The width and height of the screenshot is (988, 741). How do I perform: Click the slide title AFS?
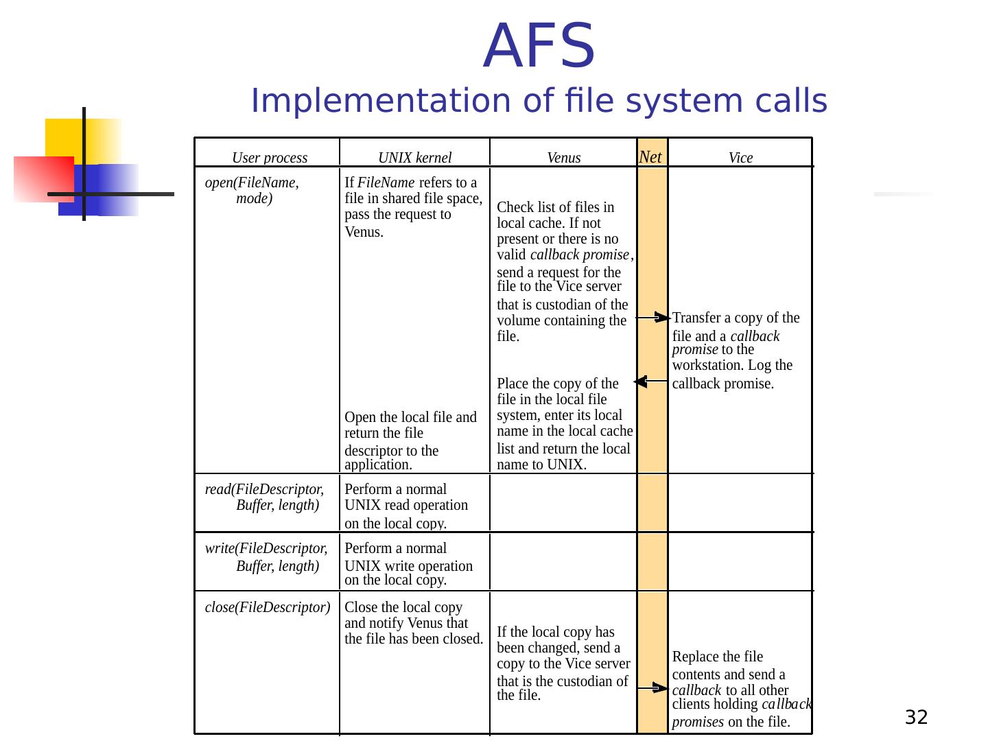[539, 47]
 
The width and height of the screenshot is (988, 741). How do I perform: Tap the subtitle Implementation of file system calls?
[539, 102]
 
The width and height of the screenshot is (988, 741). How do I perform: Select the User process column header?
[270, 158]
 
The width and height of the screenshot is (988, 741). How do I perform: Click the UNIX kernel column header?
[414, 158]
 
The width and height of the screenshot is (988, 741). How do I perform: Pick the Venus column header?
[563, 158]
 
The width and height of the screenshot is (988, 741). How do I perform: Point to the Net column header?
[650, 157]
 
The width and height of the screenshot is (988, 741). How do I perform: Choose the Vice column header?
[740, 158]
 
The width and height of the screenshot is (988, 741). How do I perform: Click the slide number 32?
[916, 718]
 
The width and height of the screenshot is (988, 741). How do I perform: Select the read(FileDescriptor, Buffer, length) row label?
[265, 497]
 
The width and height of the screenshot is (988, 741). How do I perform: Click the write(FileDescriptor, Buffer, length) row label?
[266, 557]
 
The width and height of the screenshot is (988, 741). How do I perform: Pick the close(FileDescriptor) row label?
[268, 607]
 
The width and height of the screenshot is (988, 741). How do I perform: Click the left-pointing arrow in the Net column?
[649, 381]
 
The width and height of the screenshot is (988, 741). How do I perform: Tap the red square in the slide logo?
[43, 178]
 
